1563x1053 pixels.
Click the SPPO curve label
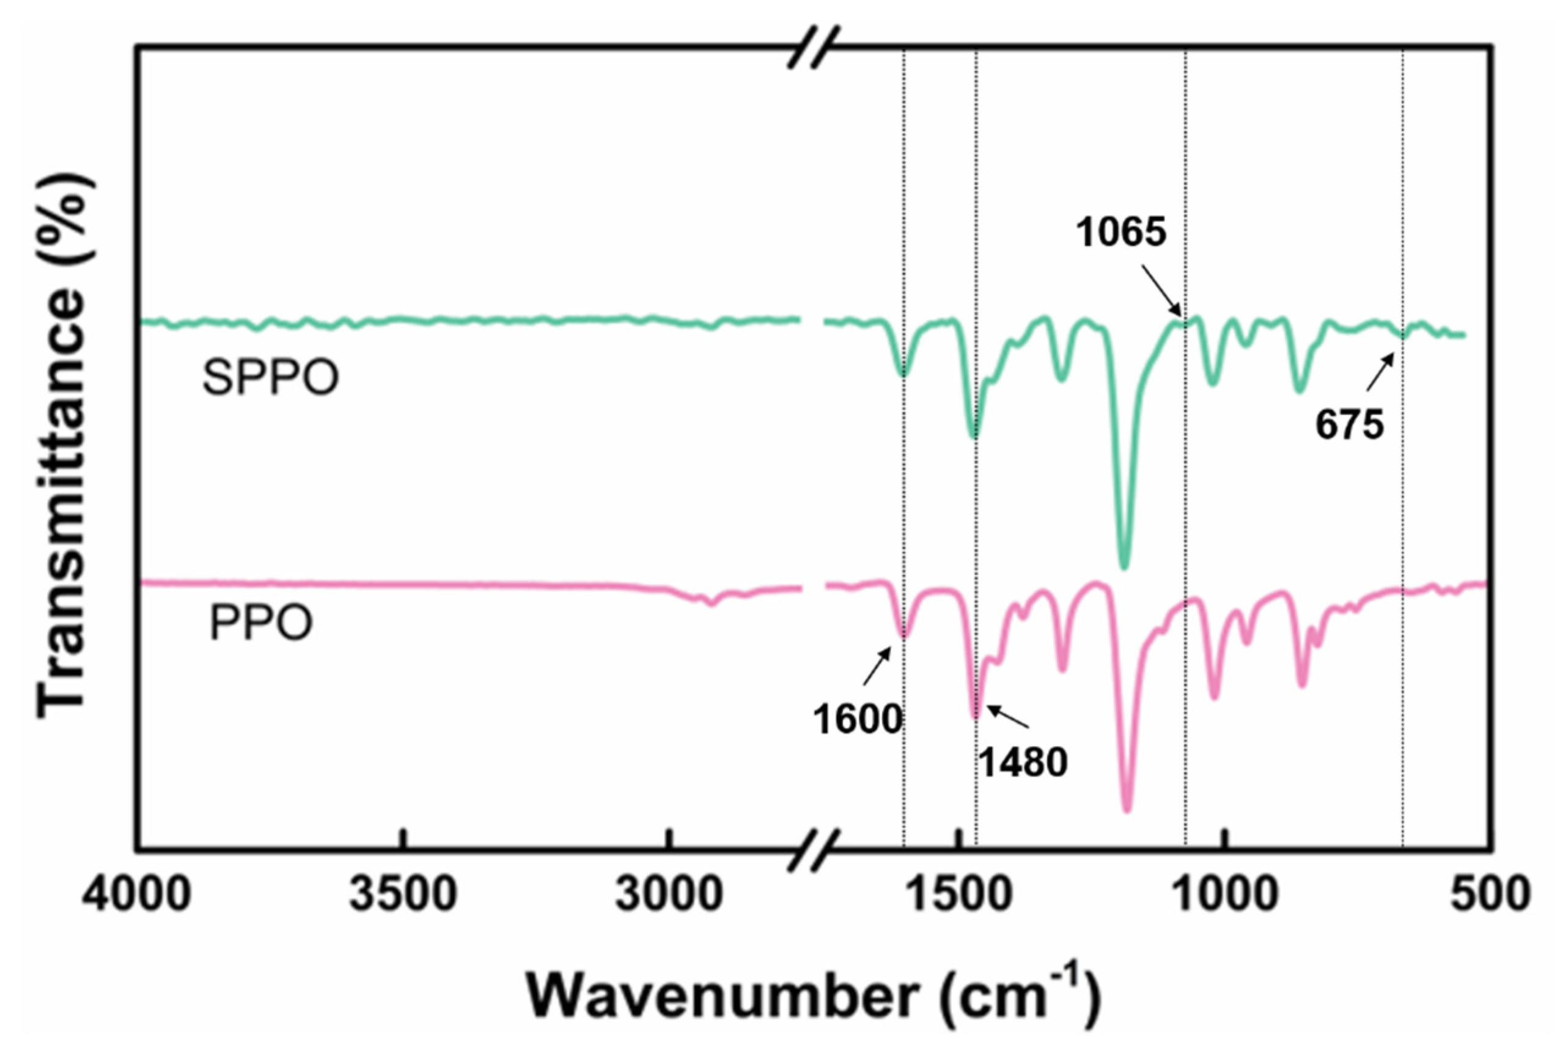tap(270, 378)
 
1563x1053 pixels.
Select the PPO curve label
tap(261, 623)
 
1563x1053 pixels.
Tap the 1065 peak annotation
tap(1122, 233)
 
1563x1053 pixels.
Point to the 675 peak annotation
tap(1350, 425)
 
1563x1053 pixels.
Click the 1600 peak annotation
tap(858, 720)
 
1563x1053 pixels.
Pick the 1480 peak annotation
tap(1023, 764)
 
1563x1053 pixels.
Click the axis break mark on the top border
tap(814, 48)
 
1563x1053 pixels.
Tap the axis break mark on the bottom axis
tap(814, 851)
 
